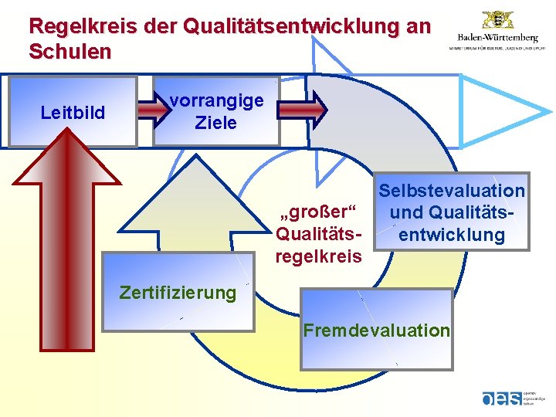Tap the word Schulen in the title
point(69,52)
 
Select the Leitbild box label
point(73,114)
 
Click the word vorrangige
point(216,100)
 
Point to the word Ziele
point(216,122)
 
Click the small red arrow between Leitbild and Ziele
point(154,111)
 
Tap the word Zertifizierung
point(178,293)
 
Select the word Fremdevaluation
point(376,331)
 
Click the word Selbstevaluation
point(452,191)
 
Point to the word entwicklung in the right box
point(452,235)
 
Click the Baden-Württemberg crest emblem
point(497,20)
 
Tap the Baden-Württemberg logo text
point(497,37)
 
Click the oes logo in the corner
point(502,398)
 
